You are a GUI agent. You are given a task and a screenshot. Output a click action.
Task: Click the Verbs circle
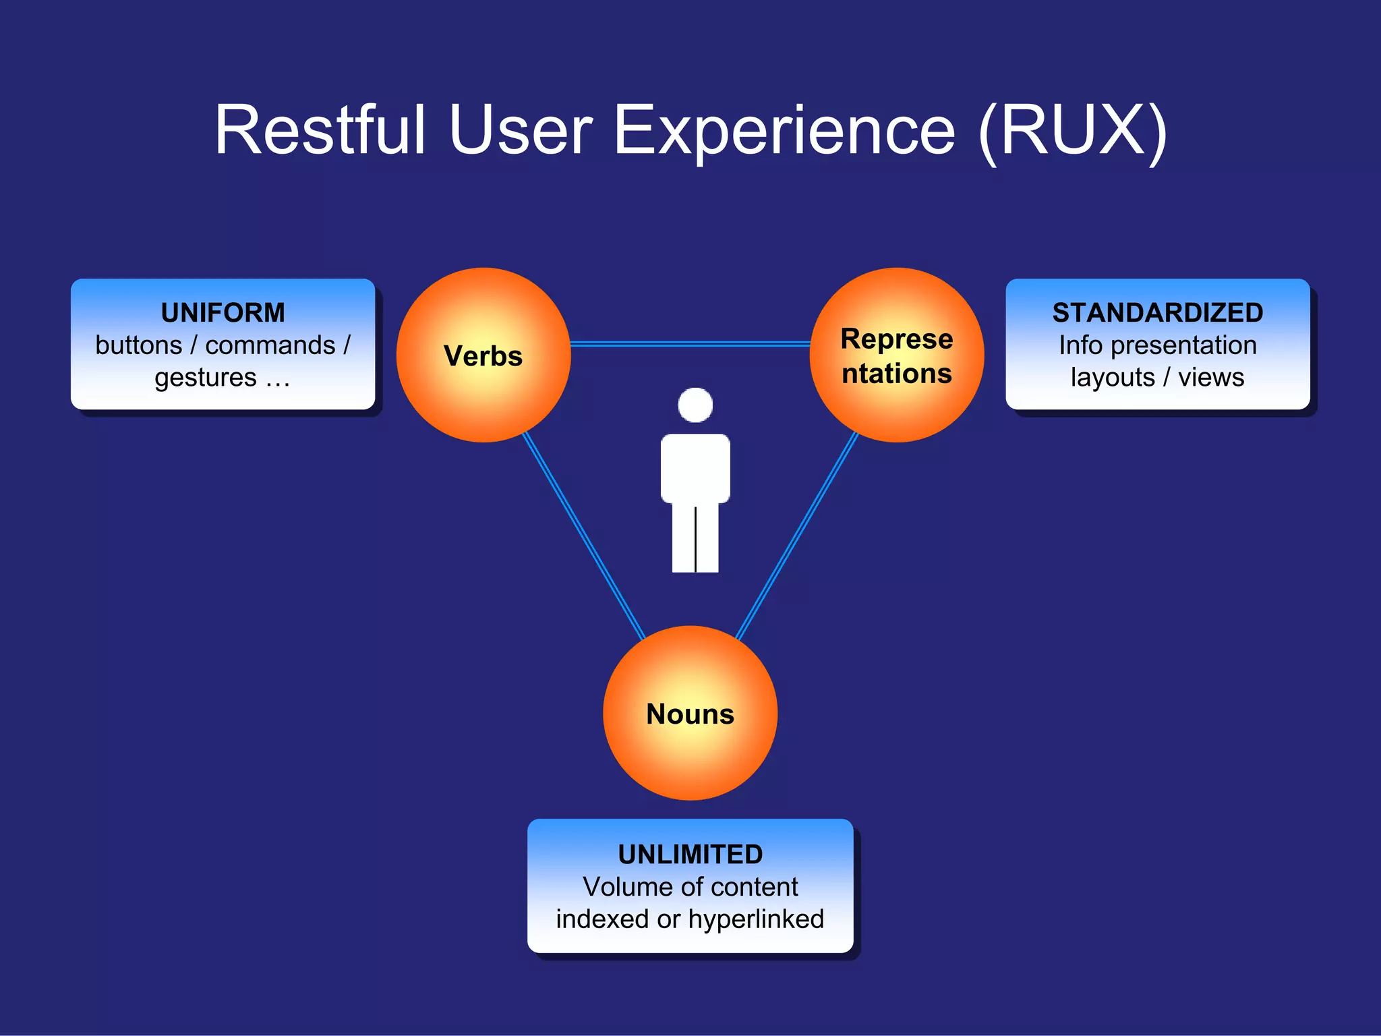pyautogui.click(x=483, y=355)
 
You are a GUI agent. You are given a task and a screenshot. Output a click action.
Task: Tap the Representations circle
pyautogui.click(x=896, y=355)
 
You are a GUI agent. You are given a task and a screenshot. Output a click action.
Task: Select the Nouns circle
pyautogui.click(x=690, y=714)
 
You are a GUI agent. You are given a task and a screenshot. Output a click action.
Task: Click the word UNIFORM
pyautogui.click(x=223, y=312)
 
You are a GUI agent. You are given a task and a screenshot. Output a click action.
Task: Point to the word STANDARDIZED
pyautogui.click(x=1157, y=312)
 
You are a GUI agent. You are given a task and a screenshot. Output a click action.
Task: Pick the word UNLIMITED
pyautogui.click(x=690, y=854)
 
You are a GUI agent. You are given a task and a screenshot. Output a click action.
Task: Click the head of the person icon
pyautogui.click(x=695, y=405)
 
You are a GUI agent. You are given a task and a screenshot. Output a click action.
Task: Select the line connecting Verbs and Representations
pyautogui.click(x=690, y=344)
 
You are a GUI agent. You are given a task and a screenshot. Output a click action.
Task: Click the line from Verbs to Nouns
pyautogui.click(x=584, y=537)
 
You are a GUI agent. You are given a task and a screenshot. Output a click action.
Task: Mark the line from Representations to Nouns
pyautogui.click(x=796, y=537)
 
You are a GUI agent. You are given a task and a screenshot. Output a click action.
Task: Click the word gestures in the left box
pyautogui.click(x=205, y=378)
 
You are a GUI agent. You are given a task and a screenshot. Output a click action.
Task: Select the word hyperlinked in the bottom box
pyautogui.click(x=756, y=919)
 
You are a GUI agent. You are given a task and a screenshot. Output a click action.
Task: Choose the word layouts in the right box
pyautogui.click(x=1113, y=378)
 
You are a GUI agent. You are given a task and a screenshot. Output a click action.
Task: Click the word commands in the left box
pyautogui.click(x=270, y=345)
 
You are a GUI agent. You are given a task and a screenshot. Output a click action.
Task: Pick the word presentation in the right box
pyautogui.click(x=1183, y=345)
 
